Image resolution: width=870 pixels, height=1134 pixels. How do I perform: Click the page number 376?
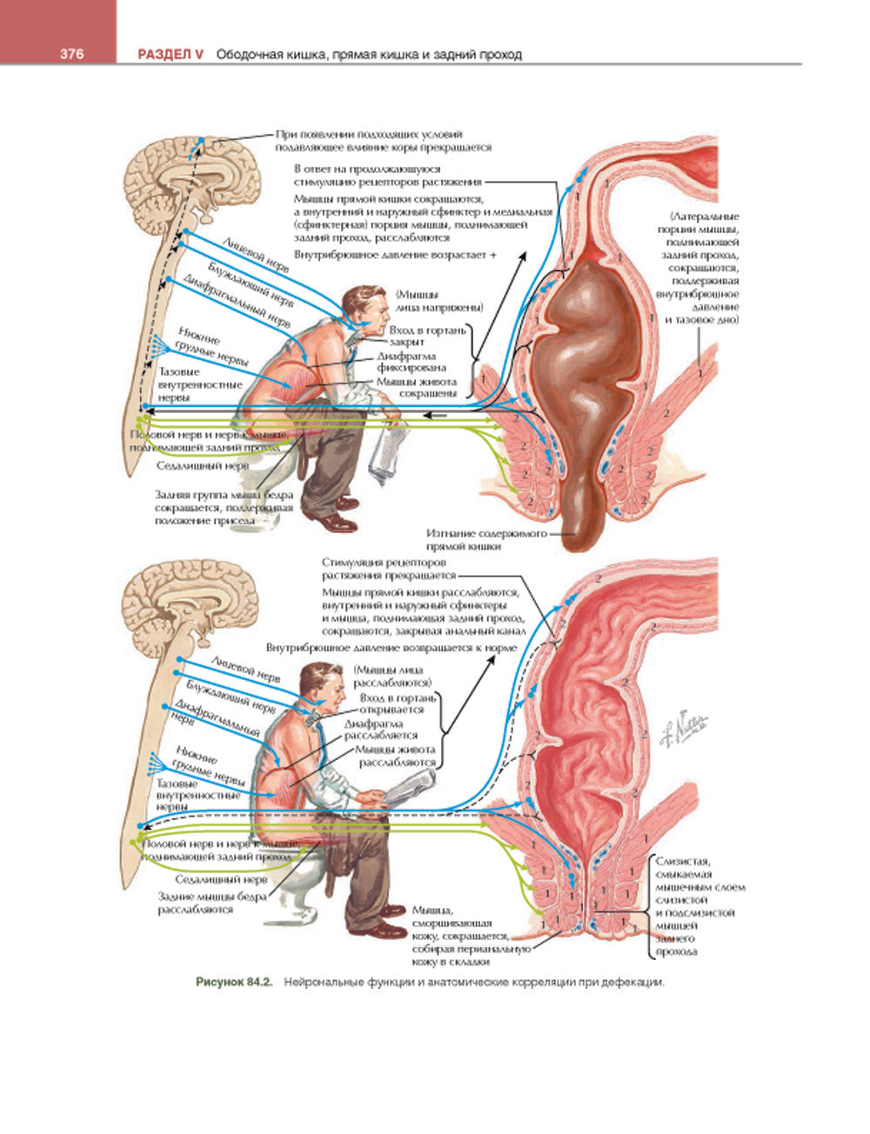(x=70, y=54)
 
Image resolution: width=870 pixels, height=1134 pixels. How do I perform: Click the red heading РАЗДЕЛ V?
(x=171, y=54)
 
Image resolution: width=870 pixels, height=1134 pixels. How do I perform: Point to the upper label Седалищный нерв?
(x=203, y=465)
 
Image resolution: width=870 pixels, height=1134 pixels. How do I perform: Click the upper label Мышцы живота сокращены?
(x=416, y=387)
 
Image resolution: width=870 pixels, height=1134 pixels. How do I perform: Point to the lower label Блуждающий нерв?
(x=233, y=695)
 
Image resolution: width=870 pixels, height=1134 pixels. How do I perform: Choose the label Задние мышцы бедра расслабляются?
(x=206, y=903)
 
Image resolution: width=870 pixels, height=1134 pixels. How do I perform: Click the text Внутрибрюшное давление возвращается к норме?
(x=391, y=648)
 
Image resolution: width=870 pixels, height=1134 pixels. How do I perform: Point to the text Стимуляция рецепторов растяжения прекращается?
(x=388, y=569)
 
